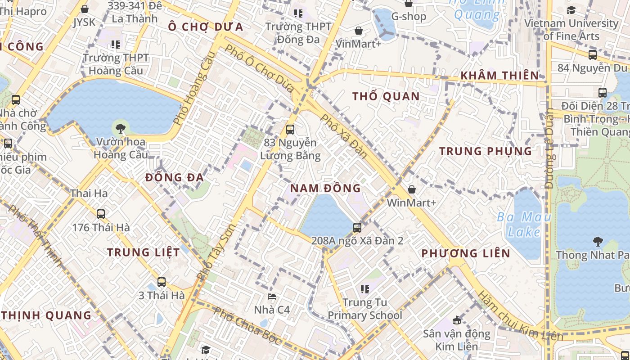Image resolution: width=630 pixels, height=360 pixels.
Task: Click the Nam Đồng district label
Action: pyautogui.click(x=325, y=188)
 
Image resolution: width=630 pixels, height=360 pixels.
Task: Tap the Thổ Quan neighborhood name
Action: pyautogui.click(x=386, y=96)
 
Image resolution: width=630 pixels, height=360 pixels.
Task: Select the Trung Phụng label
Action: pyautogui.click(x=486, y=151)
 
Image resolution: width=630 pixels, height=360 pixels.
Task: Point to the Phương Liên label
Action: pyautogui.click(x=466, y=253)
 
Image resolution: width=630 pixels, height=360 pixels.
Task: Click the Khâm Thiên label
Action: pyautogui.click(x=499, y=76)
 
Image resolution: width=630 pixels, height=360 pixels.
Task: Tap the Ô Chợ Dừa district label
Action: pyautogui.click(x=205, y=27)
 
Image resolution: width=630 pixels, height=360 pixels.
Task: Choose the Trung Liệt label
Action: pyautogui.click(x=143, y=252)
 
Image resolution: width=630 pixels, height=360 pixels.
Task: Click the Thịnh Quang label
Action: pyautogui.click(x=46, y=315)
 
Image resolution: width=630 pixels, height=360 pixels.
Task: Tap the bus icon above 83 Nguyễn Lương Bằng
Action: pyautogui.click(x=290, y=130)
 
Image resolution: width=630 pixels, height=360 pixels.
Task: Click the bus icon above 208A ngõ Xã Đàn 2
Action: pyautogui.click(x=357, y=227)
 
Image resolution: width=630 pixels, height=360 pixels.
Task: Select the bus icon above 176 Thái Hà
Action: pyautogui.click(x=101, y=214)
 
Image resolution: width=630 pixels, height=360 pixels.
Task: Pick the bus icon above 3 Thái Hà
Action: pyautogui.click(x=162, y=282)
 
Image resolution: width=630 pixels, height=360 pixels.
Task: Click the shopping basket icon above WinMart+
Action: pyautogui.click(x=412, y=189)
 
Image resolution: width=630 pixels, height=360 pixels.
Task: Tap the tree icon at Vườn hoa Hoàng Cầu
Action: pyautogui.click(x=120, y=129)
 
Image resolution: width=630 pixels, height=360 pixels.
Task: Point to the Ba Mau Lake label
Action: pyautogui.click(x=524, y=225)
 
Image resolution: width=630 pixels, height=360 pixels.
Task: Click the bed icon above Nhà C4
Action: pyautogui.click(x=272, y=296)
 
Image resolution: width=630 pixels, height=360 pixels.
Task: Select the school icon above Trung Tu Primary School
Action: pyautogui.click(x=364, y=288)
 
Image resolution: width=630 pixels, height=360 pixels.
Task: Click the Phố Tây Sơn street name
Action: pyautogui.click(x=216, y=252)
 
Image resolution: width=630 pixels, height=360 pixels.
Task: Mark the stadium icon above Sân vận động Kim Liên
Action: pyautogui.click(x=457, y=320)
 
